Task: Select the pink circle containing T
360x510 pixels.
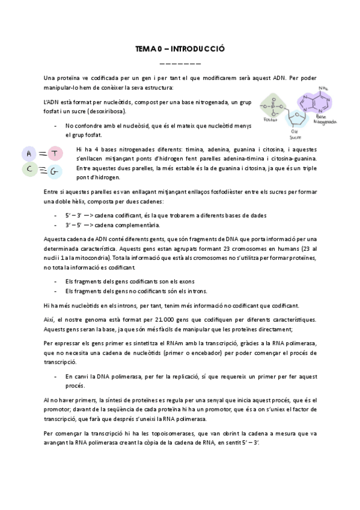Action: tap(54, 154)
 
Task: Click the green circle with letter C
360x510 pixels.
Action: tap(29, 170)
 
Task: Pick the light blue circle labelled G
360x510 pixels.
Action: tap(54, 172)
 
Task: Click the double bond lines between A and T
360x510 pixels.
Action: tap(41, 154)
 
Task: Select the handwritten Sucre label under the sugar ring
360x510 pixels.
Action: tap(294, 136)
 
